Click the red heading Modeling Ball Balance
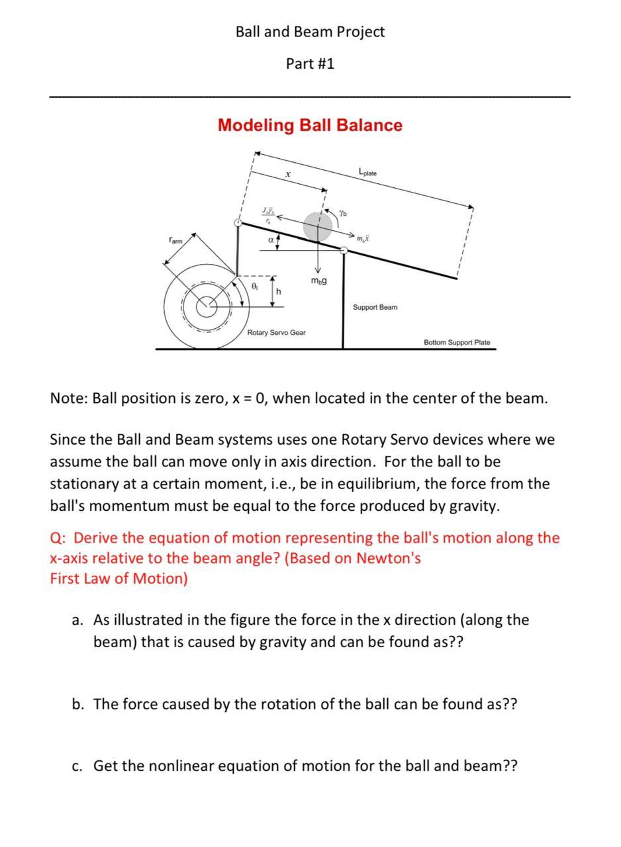pos(310,125)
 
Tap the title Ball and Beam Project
pos(310,32)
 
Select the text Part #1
pos(310,64)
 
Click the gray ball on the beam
pos(318,226)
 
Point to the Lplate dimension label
pos(367,172)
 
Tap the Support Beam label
pos(375,308)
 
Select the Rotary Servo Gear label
pos(276,332)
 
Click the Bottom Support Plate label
pos(457,342)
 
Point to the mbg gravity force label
pos(318,281)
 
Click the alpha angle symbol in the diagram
pos(271,240)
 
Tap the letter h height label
pos(279,292)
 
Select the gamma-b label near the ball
pos(343,213)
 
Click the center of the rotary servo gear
pos(207,305)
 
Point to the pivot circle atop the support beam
pos(344,250)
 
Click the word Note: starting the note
pos(69,398)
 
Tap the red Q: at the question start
pos(58,537)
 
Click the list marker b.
pos(78,704)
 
